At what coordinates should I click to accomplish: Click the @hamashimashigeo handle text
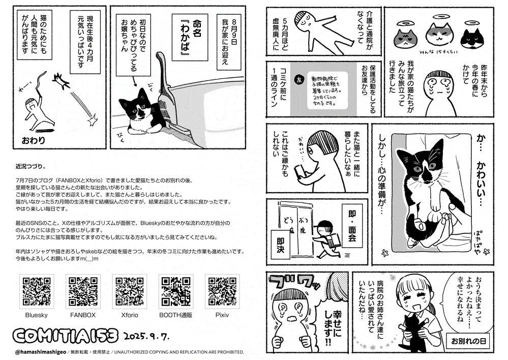[40, 352]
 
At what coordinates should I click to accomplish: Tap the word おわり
[34, 139]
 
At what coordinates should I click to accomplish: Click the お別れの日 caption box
[467, 340]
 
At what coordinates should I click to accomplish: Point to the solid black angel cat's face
[470, 38]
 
